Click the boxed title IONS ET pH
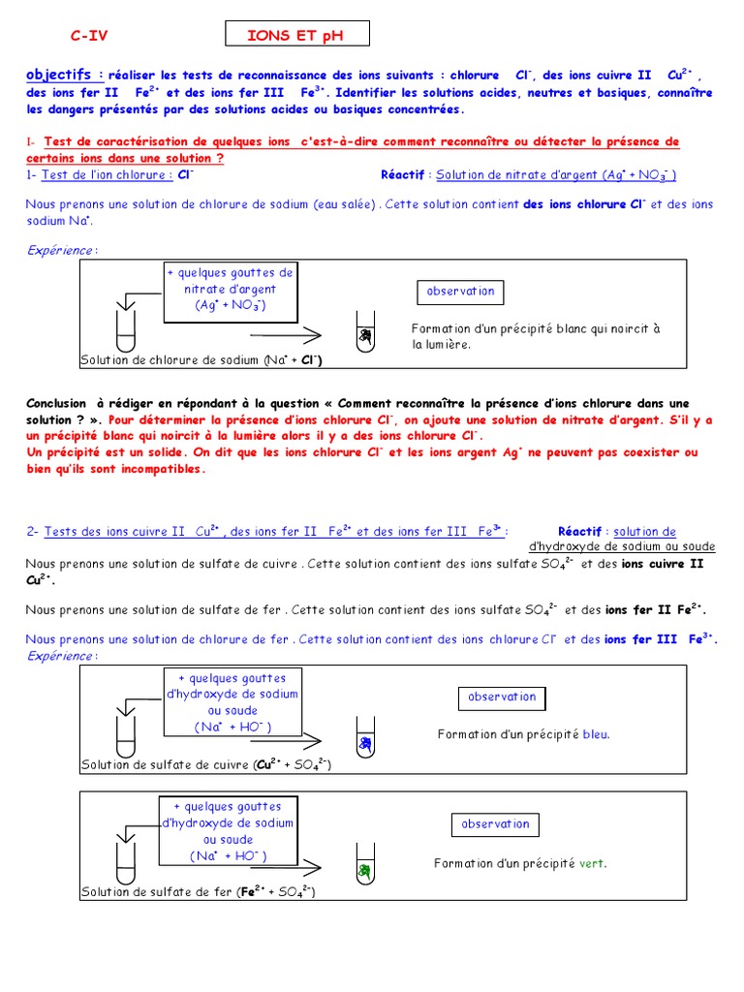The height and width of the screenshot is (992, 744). click(x=295, y=36)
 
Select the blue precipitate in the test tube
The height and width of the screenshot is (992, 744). click(x=364, y=743)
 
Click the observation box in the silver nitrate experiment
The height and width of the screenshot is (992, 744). click(x=461, y=292)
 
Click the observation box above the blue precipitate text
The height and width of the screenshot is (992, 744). click(x=502, y=697)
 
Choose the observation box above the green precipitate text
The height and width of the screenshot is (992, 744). click(x=495, y=824)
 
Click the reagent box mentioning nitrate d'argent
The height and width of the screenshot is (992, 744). click(x=230, y=289)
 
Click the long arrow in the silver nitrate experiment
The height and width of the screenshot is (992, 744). click(x=285, y=336)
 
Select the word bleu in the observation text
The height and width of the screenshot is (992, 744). click(x=596, y=734)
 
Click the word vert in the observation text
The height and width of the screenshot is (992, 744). click(x=592, y=863)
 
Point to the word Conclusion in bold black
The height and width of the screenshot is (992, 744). click(x=56, y=403)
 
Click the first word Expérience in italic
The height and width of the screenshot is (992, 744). click(x=60, y=250)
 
